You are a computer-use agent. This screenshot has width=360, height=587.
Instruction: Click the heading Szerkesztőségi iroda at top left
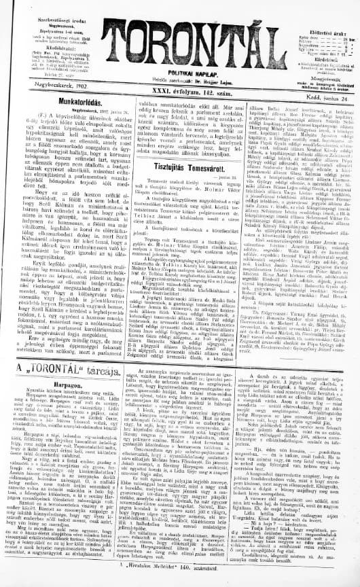coord(41,5)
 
